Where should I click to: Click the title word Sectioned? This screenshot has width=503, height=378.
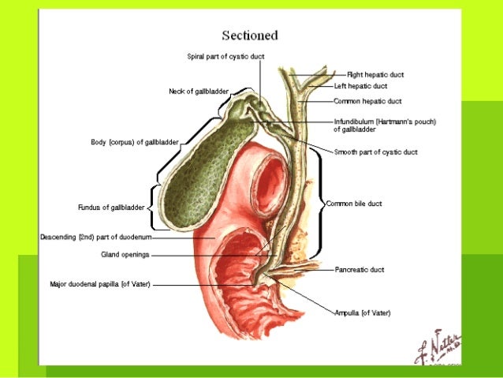pos(249,36)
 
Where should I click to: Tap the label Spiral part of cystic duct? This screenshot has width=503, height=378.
pos(225,57)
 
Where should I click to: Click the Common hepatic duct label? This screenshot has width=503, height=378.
pos(367,101)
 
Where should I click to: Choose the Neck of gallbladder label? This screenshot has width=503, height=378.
pos(199,92)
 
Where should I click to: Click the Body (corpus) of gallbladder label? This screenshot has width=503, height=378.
pos(135,143)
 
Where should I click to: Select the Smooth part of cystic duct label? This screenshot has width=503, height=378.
pos(375,152)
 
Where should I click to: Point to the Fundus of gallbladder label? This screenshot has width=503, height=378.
pos(111,208)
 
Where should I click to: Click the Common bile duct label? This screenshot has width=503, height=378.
pos(354,204)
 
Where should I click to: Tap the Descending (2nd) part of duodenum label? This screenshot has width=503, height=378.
pos(96,237)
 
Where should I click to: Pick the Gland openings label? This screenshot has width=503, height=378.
pos(125,255)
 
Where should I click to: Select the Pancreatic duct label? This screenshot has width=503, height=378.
pos(360,269)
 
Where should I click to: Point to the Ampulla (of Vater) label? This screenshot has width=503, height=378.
pos(363,313)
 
